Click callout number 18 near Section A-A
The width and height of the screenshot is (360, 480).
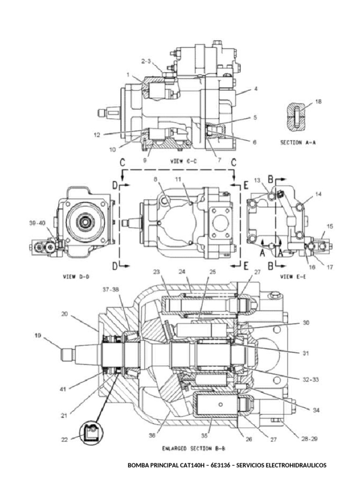(x=319, y=101)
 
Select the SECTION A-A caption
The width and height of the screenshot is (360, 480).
(x=298, y=143)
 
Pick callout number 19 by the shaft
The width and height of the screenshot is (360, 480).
(x=39, y=335)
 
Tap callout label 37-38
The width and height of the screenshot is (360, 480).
(x=111, y=289)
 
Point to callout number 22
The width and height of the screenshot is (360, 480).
(x=64, y=439)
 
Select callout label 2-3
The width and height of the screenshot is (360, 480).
(x=146, y=60)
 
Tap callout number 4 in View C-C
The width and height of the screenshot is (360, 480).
(x=255, y=88)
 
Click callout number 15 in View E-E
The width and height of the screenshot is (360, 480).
(x=330, y=226)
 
